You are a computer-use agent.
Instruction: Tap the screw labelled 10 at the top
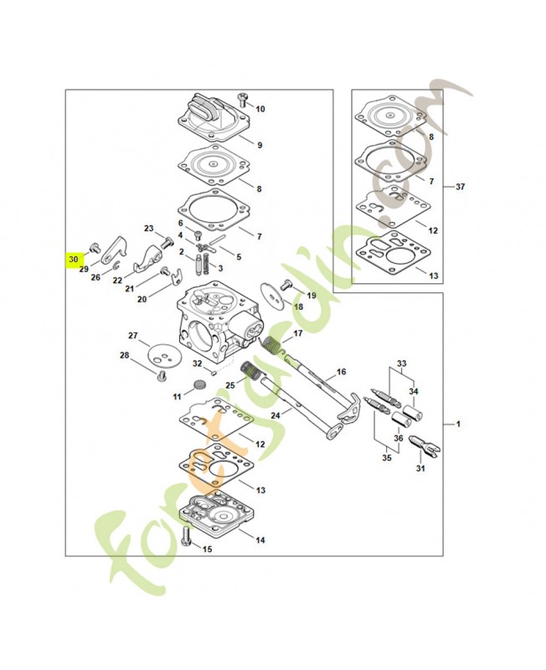(244, 100)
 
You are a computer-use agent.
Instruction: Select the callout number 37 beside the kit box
(460, 187)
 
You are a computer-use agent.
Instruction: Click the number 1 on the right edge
(457, 425)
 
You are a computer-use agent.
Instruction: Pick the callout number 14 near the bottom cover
(260, 540)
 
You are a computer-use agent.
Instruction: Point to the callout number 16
(341, 371)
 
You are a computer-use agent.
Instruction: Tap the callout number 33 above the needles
(401, 363)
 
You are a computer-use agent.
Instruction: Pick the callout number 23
(149, 229)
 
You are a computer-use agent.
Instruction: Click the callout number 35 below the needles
(386, 458)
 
